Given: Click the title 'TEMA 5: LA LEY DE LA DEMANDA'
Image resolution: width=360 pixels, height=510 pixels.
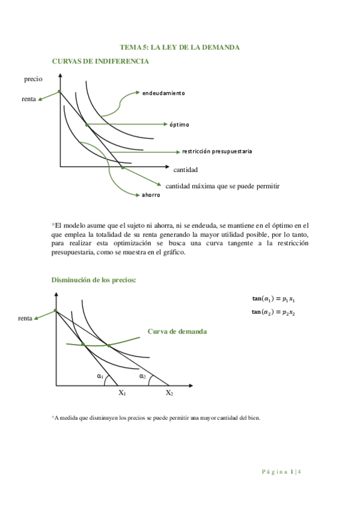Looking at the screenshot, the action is (180, 47).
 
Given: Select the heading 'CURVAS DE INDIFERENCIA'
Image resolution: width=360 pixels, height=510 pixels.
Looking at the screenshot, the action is (100, 61).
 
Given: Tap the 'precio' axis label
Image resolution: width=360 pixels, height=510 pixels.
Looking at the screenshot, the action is (34, 79).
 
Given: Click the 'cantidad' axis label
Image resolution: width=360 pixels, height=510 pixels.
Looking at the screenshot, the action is (186, 170).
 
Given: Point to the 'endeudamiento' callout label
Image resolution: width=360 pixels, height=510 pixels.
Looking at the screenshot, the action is (163, 93).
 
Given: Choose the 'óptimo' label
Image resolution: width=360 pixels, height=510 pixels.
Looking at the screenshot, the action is (179, 124).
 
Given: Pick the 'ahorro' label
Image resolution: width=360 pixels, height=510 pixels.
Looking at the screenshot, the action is (151, 195).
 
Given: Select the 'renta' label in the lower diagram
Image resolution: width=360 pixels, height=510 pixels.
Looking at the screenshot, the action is (25, 318).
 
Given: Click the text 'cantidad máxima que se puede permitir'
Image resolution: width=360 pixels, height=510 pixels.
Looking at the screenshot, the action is (223, 186).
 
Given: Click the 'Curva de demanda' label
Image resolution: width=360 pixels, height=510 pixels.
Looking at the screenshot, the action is (177, 331).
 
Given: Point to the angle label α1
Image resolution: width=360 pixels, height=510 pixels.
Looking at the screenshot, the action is (100, 376).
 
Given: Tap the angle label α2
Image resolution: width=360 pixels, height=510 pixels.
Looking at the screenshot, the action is (142, 376).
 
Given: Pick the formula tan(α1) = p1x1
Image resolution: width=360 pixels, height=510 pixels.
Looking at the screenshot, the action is (277, 299).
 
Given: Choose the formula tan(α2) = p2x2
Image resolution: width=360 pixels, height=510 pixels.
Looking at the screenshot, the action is (277, 312).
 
